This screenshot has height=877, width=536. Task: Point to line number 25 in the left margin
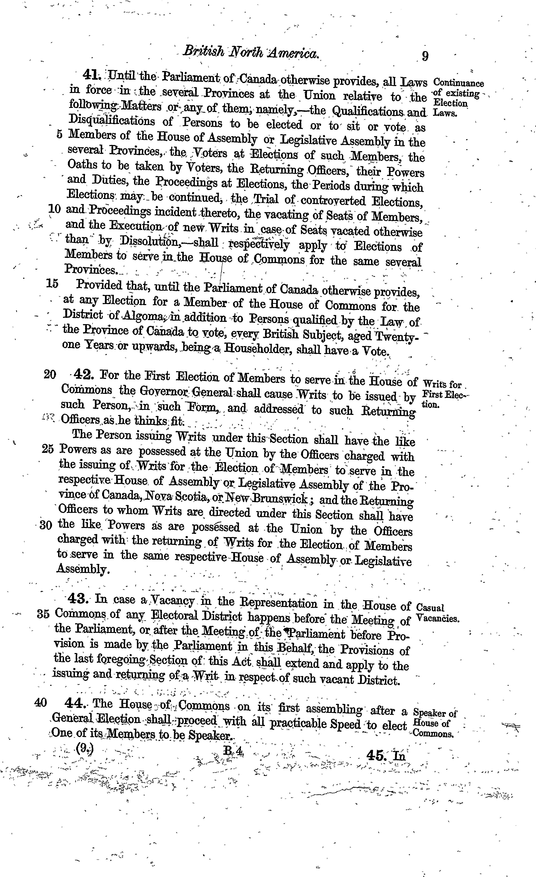(48, 449)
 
